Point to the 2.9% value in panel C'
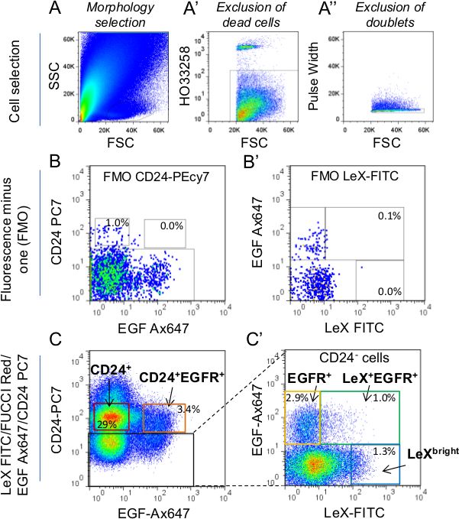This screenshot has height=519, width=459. [296, 398]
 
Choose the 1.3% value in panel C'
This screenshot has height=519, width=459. [383, 453]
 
